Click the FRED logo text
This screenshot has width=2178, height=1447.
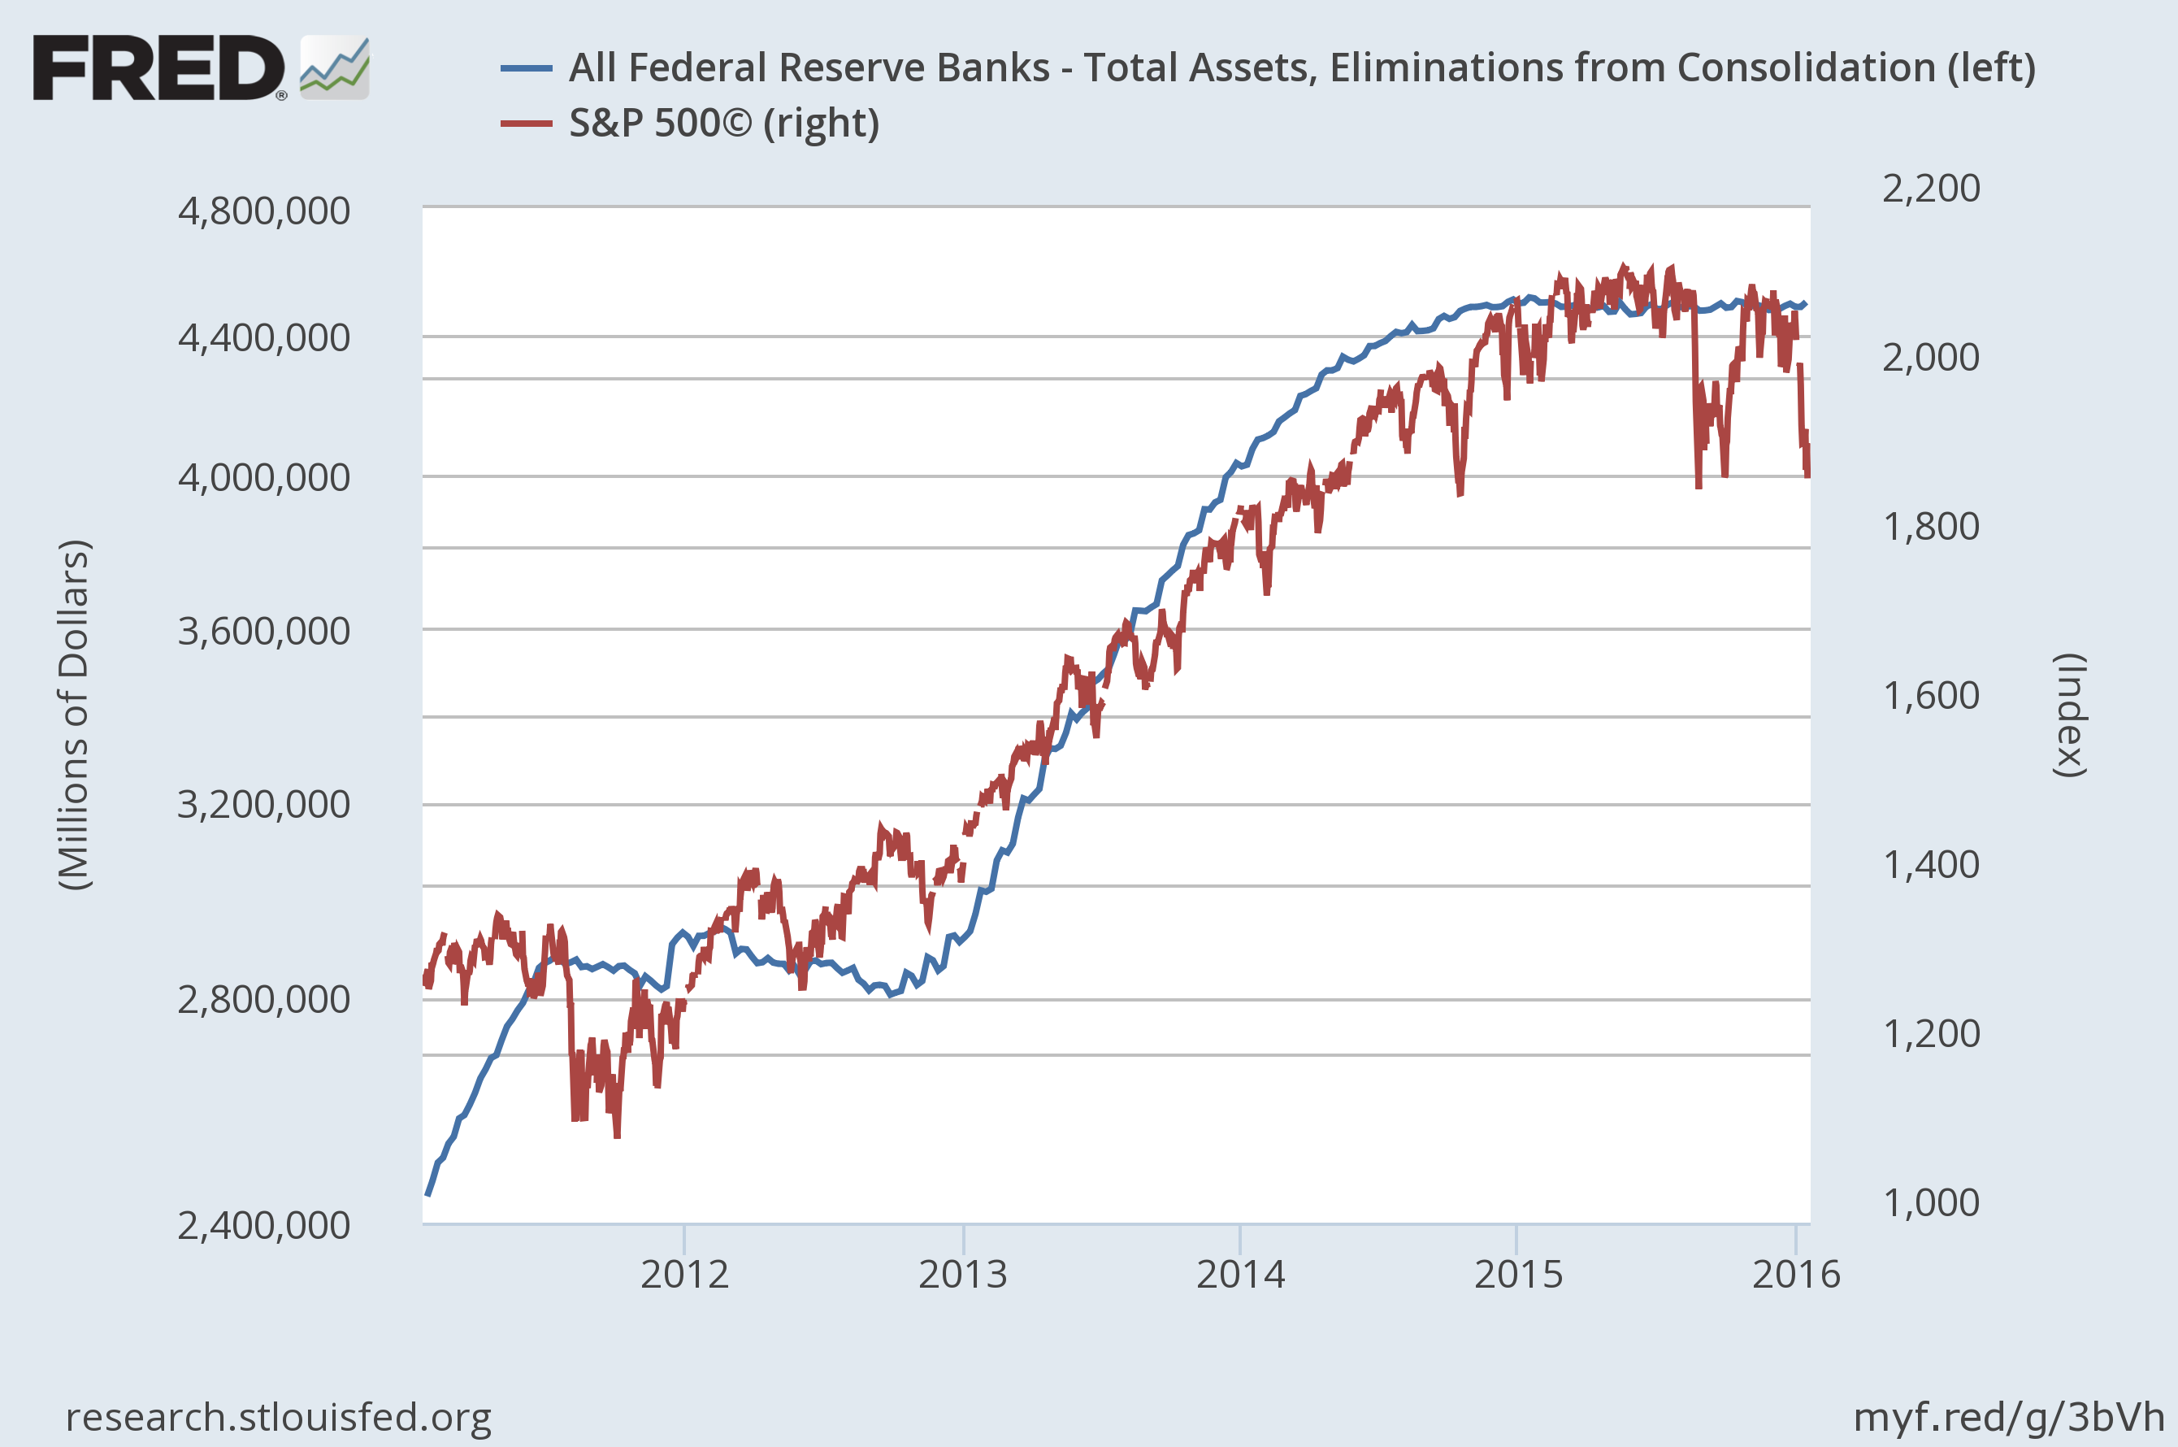[158, 67]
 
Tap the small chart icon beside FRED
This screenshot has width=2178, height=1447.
[335, 67]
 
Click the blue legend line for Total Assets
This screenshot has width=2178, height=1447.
[526, 68]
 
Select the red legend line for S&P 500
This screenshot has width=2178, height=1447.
[526, 124]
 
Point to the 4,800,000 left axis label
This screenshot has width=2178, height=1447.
[264, 211]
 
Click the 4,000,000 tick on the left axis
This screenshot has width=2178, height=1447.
[264, 477]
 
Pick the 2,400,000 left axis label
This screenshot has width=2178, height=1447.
[264, 1226]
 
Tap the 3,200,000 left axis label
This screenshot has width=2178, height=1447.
[264, 805]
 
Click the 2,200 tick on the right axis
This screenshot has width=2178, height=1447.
[1931, 189]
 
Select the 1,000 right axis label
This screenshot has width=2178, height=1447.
[1931, 1203]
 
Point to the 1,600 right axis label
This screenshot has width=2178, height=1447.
[1931, 696]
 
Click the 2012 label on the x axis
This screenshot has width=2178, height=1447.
[684, 1275]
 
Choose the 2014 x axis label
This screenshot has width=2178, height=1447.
[1241, 1275]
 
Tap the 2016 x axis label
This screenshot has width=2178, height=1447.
[1795, 1275]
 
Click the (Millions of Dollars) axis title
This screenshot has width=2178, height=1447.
[74, 715]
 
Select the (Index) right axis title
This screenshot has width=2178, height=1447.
[2069, 715]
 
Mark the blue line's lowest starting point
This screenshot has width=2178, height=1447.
[427, 1195]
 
